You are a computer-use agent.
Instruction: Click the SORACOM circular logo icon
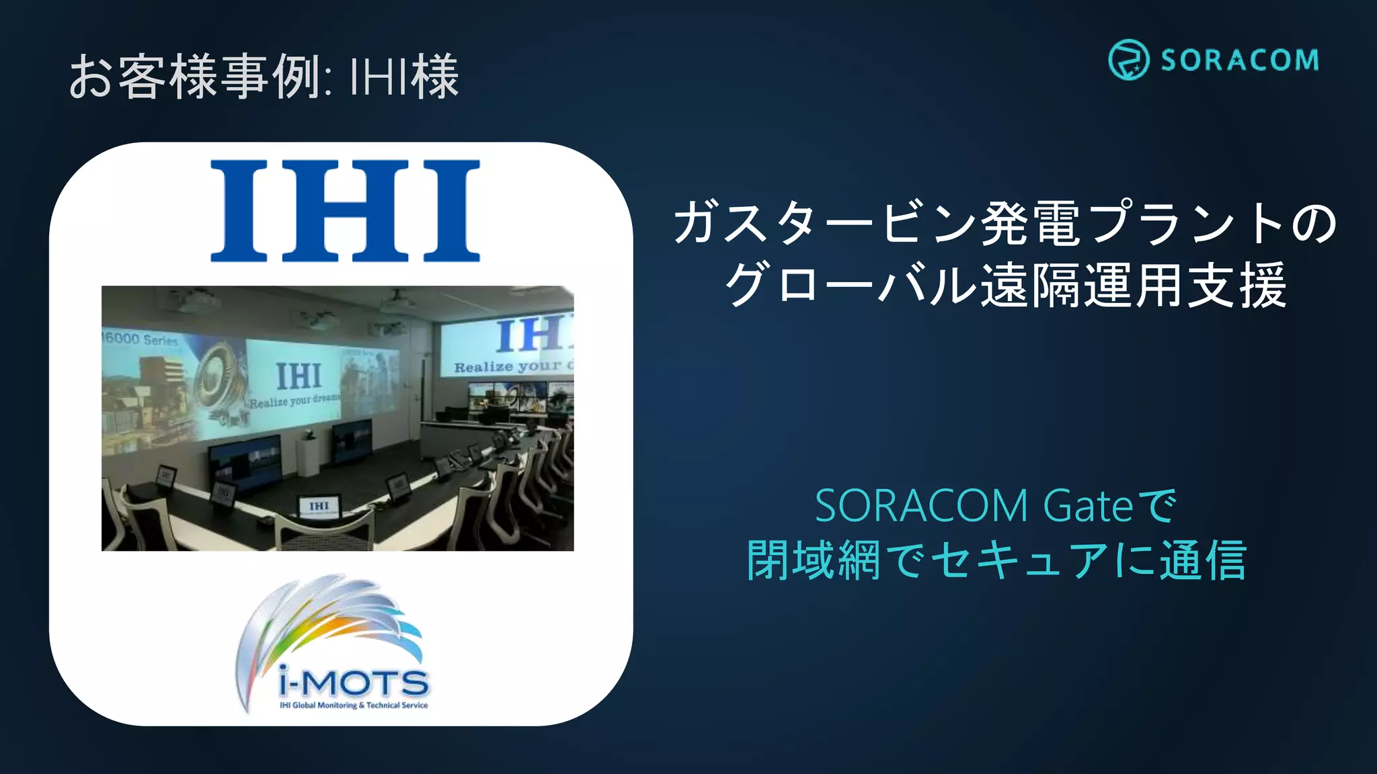[x=1128, y=60]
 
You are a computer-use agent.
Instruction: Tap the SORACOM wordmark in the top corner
[x=1239, y=60]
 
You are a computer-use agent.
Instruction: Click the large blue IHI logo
[x=345, y=210]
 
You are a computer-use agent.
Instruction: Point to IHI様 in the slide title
[x=404, y=76]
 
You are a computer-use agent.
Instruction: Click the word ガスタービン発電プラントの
[x=1005, y=223]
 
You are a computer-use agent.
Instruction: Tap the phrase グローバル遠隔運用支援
[x=1005, y=285]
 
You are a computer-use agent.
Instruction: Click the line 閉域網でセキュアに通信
[x=996, y=560]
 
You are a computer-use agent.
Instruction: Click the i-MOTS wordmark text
[x=354, y=684]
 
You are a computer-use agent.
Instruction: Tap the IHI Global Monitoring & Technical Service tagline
[x=354, y=705]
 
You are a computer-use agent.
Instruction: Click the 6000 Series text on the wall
[x=141, y=339]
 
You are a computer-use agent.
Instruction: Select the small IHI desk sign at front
[x=319, y=506]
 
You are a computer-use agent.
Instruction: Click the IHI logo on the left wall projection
[x=299, y=376]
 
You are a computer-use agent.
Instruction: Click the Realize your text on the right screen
[x=508, y=367]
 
